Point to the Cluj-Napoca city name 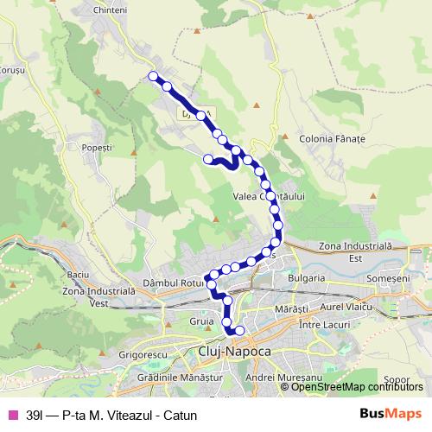tap(235, 352)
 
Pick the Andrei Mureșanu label tap(277, 378)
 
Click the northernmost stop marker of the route tap(155, 76)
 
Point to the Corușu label tap(12, 70)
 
